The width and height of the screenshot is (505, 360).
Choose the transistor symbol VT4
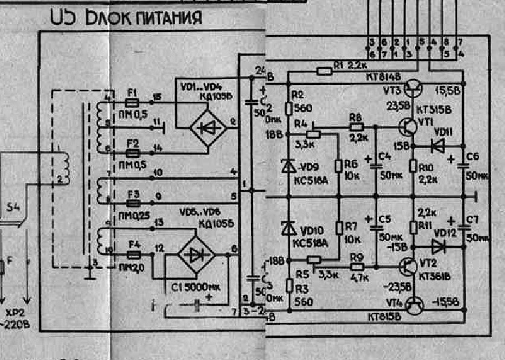pos(416,305)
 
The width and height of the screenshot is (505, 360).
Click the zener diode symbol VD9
pos(288,165)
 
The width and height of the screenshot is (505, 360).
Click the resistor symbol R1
pos(325,72)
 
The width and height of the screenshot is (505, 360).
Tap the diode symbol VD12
pos(437,246)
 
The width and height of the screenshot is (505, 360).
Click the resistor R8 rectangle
pos(355,127)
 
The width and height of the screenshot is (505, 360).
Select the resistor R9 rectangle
pos(357,266)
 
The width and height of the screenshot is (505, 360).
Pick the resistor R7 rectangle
pos(340,228)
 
